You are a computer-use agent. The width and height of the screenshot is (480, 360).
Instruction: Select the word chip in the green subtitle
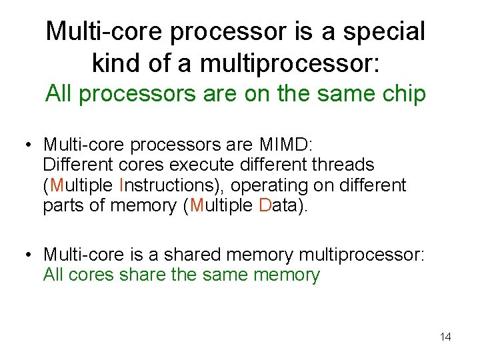click(403, 94)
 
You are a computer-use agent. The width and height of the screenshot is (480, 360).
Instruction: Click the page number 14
click(445, 337)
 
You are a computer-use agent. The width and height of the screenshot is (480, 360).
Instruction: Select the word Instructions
click(171, 185)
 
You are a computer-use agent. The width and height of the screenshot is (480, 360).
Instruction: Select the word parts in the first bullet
click(63, 205)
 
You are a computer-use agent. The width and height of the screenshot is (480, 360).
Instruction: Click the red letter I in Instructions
click(121, 185)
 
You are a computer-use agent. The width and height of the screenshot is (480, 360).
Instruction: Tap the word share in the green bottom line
click(143, 275)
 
